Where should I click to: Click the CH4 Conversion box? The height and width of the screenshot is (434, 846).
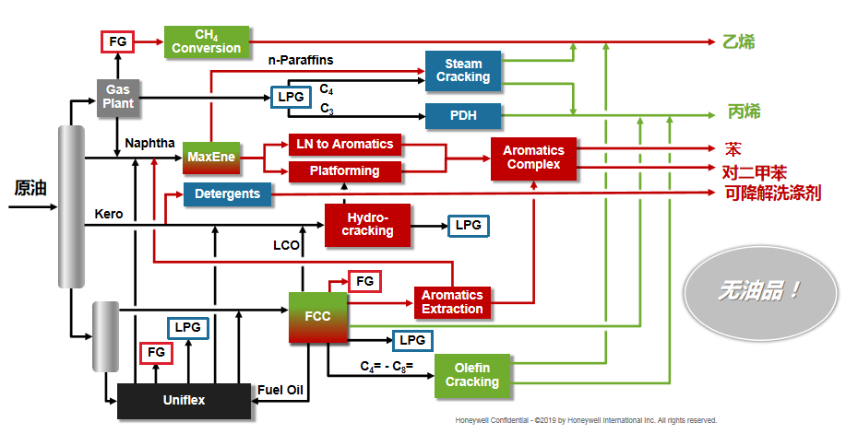click(x=206, y=41)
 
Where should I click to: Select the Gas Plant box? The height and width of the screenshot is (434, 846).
click(x=118, y=97)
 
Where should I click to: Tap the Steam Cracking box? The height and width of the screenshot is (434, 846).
click(x=463, y=70)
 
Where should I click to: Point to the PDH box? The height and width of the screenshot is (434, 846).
click(x=463, y=116)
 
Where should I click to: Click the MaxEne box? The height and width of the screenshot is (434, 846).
click(x=209, y=158)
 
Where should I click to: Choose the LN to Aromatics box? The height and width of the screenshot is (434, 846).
click(x=346, y=145)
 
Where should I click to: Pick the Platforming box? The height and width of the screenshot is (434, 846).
click(x=346, y=171)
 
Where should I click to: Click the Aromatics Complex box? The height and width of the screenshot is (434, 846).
click(x=533, y=158)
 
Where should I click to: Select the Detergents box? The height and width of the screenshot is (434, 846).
click(x=228, y=194)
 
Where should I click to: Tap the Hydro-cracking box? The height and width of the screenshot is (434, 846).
click(x=367, y=225)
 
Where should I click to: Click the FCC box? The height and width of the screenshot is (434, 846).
click(x=318, y=316)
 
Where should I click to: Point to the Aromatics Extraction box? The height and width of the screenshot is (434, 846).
click(x=452, y=301)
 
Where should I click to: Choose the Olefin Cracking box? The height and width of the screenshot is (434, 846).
click(x=472, y=375)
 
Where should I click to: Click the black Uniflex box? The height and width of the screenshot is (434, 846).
click(x=185, y=400)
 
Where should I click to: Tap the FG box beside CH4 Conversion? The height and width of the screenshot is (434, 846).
click(x=118, y=41)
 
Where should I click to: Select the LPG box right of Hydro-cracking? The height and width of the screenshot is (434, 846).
click(x=469, y=225)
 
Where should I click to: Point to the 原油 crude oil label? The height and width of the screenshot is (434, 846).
click(x=30, y=189)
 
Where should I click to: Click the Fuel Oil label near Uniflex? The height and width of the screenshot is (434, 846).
click(x=280, y=390)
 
